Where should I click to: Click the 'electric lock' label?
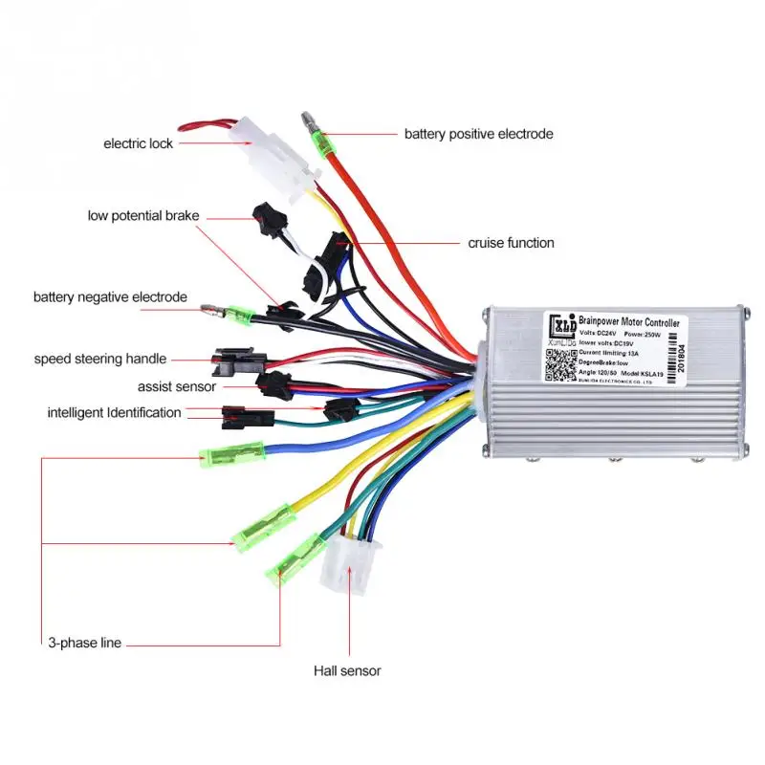139,143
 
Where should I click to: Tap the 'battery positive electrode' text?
478,134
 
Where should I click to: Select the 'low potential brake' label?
143,216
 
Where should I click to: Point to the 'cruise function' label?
511,243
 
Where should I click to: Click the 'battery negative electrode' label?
110,297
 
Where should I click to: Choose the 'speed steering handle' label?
100,360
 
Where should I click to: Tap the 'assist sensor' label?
177,387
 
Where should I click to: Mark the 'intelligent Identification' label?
114,413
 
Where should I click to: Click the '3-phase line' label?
84,643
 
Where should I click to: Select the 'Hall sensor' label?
347,671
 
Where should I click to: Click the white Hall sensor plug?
351,563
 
